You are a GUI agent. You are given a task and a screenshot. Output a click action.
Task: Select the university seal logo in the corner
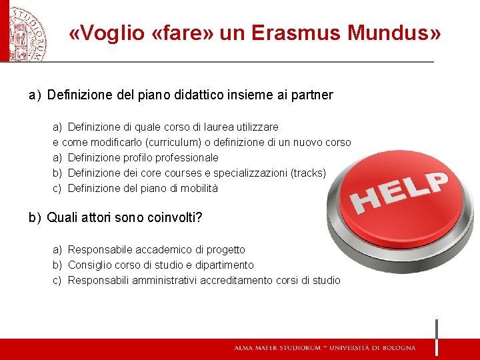coord(25,30)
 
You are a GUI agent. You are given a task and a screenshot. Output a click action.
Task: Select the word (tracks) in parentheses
coord(309,173)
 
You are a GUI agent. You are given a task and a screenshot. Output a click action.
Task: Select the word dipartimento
coord(224,265)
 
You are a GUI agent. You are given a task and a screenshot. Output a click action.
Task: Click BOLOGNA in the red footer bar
coord(397,348)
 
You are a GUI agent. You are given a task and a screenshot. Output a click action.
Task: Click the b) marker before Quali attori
coord(35,218)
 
